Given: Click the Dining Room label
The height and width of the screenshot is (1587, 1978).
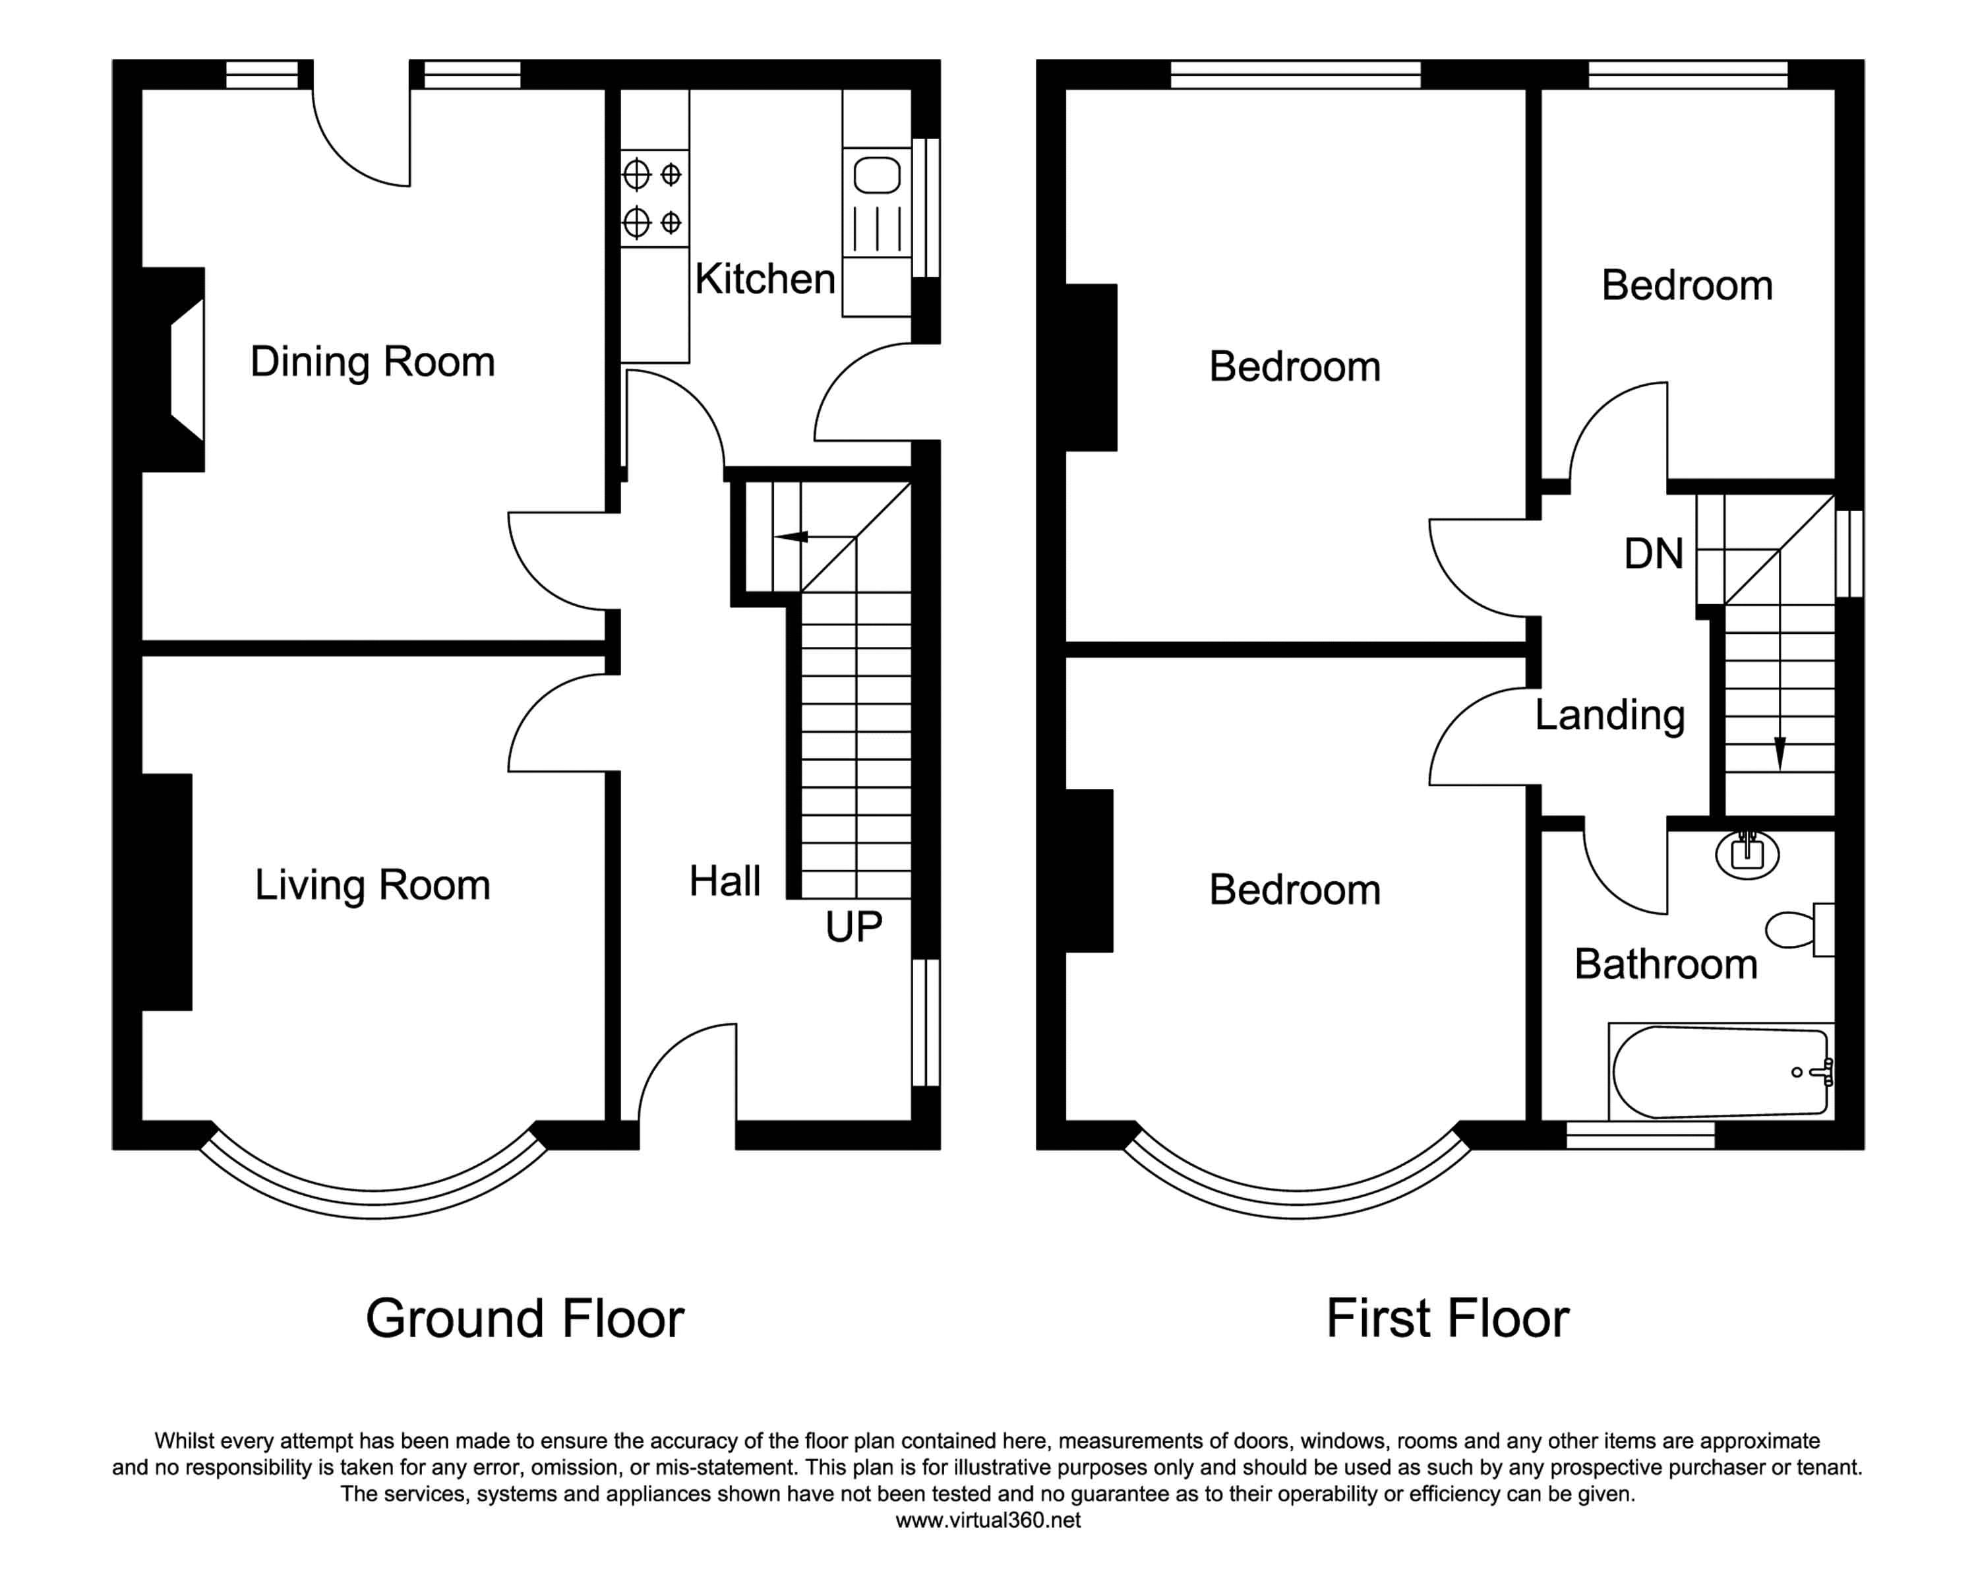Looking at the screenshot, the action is point(373,361).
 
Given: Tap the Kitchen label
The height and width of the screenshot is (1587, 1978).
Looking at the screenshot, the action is point(765,279).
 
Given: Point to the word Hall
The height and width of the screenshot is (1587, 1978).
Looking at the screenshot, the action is point(725,881).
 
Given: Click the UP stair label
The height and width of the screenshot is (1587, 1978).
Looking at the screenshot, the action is point(853,927).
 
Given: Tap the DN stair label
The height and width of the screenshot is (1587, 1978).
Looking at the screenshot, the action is point(1654,553).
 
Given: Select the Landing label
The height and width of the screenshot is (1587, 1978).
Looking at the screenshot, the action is point(1610,716).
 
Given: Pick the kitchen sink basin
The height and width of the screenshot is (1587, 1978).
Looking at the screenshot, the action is point(877,174).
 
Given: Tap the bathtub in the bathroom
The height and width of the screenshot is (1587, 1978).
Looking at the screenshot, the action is point(1721,1072).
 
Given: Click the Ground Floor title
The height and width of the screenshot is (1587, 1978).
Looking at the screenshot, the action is point(525,1319).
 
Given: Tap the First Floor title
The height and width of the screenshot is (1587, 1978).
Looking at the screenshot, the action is point(1448,1319).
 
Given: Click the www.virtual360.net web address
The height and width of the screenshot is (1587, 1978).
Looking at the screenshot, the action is point(988,1520).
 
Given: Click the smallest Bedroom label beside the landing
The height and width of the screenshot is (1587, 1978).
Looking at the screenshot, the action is point(1687,286).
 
